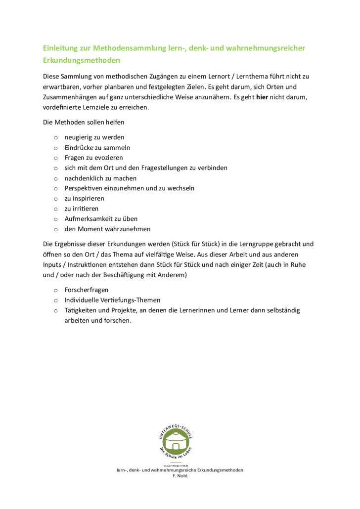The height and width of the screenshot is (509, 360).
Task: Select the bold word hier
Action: pos(262,97)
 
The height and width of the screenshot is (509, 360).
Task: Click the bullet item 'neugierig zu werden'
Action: pos(94,137)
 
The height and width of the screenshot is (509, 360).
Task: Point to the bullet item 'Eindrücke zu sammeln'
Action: pos(97,148)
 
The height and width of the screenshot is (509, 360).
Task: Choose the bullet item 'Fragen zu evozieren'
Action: pos(94,158)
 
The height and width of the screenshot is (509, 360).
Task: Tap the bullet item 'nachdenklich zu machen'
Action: pos(100,178)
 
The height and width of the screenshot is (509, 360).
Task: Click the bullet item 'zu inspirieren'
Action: pos(85,198)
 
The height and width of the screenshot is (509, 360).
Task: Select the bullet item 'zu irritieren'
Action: pos(82,209)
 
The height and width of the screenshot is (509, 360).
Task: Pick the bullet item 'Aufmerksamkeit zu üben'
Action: pos(101,218)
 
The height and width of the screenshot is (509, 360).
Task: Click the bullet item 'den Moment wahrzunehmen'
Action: pos(107,229)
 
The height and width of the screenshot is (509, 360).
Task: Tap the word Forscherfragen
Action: pos(87,290)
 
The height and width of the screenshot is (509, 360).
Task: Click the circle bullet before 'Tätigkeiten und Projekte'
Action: pos(56,311)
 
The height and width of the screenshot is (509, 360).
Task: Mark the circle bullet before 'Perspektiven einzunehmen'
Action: pos(56,188)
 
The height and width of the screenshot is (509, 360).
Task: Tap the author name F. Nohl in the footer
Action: pos(180,476)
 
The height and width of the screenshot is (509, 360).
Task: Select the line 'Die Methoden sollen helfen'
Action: pos(84,122)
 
